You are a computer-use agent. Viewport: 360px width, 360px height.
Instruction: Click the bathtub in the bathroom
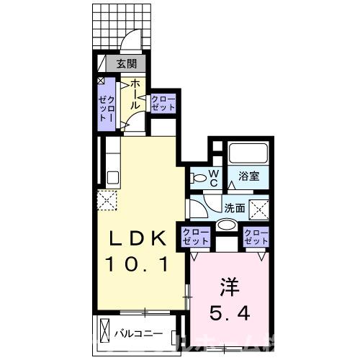tap(248, 154)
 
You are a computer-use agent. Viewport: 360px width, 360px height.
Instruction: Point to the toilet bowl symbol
tap(197, 177)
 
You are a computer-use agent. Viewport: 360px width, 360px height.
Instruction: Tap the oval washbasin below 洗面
tap(226, 225)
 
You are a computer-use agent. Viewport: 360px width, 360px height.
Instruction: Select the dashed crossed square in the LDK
tap(109, 199)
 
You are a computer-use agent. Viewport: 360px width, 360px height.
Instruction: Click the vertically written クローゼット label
tap(104, 104)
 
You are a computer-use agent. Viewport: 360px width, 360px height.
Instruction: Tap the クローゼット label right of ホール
tap(163, 102)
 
